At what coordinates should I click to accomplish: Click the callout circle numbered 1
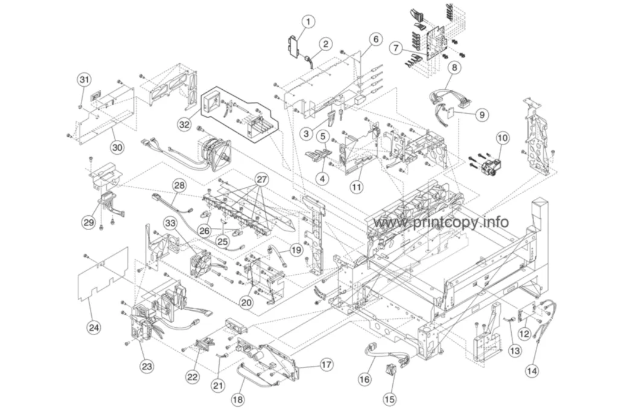point(308,22)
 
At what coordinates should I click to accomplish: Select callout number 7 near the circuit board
point(396,48)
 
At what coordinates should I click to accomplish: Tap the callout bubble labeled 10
point(503,138)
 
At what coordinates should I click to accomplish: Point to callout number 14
point(532,371)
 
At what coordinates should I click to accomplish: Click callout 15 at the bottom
point(389,399)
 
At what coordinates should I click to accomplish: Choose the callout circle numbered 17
point(327,365)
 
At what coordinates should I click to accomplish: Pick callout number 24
point(94,327)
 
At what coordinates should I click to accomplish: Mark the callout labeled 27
point(262,180)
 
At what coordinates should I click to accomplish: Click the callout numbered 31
point(84,80)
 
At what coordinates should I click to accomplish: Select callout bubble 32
point(184,125)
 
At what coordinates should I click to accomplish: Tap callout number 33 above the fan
point(170,224)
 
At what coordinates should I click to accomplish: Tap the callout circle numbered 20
point(246,303)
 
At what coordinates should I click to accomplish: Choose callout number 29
point(89,222)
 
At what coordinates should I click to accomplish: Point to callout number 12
point(524,334)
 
